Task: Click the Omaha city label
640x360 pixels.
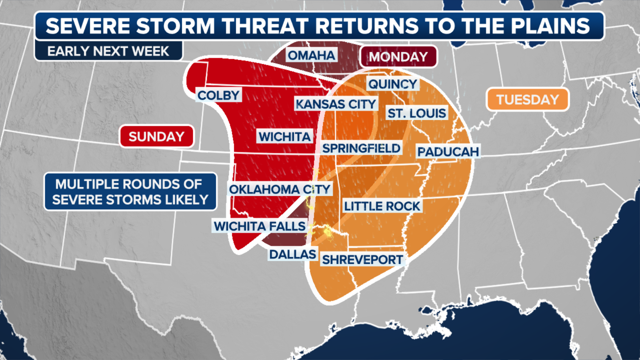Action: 311,55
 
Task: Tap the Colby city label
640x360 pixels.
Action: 219,95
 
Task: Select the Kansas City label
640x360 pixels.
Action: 336,104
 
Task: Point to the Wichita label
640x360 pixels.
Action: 285,136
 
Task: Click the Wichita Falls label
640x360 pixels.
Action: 260,226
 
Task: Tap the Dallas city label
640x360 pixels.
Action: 293,254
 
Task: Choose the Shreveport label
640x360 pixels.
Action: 362,260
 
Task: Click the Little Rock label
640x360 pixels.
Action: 382,206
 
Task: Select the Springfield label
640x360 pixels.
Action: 361,148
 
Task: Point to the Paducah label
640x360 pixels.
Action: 448,152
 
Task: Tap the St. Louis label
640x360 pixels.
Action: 417,113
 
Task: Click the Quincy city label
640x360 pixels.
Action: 393,84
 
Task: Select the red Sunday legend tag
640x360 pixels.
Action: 157,136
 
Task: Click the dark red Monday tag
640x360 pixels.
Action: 398,57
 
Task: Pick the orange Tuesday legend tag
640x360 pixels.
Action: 527,99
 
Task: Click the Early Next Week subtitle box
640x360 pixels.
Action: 108,51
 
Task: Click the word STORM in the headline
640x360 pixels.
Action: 175,26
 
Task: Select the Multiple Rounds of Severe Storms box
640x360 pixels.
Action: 130,192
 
